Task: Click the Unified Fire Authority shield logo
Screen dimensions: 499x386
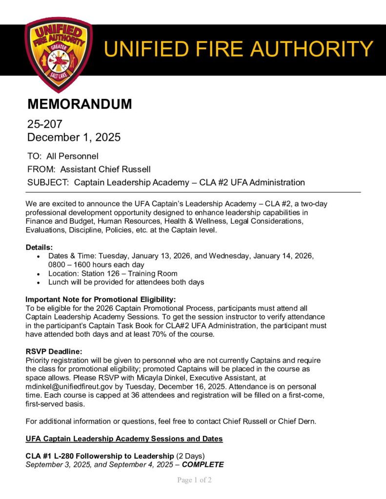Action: [x=58, y=54]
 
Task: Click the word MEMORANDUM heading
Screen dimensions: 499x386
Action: [x=80, y=104]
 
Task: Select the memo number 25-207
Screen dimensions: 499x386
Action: [x=45, y=125]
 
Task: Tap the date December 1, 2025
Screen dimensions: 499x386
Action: [x=74, y=137]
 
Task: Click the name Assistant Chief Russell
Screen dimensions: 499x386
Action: [x=105, y=170]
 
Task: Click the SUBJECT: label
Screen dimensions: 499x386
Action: [x=48, y=183]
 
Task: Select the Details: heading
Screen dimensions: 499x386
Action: [x=39, y=248]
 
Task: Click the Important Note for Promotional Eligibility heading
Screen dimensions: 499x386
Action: [x=101, y=299]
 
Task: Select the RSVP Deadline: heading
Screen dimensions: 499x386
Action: [x=54, y=352]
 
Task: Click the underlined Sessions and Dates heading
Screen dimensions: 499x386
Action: [x=124, y=439]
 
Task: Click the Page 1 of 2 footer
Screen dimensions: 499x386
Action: [x=194, y=480]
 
